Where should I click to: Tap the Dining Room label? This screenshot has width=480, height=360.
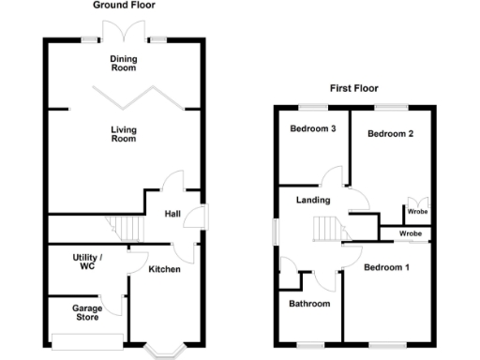point(125,63)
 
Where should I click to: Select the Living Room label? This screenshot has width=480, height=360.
point(124,133)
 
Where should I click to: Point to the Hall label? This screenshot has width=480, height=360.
point(172,214)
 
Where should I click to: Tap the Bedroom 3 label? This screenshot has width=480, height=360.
point(312,128)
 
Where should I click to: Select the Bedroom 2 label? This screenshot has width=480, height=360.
point(390,133)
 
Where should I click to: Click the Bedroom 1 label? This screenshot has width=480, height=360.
point(386,268)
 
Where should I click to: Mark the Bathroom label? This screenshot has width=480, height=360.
point(309,304)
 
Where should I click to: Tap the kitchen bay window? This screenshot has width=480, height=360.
point(165,348)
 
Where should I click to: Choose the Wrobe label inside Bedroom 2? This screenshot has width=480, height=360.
point(416,211)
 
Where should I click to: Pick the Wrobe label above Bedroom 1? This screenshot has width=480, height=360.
point(410,232)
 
